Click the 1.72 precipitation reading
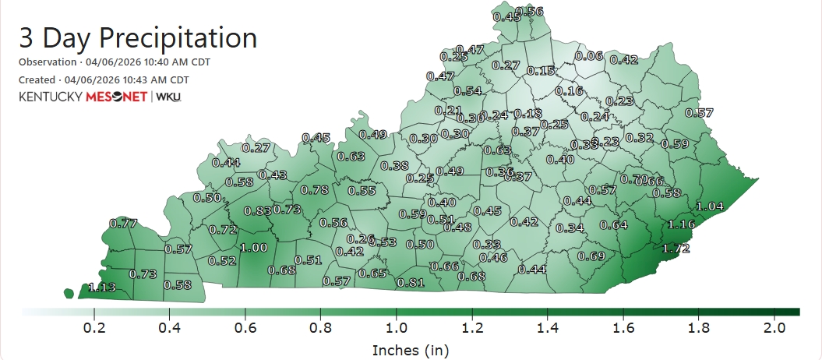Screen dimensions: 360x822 676,249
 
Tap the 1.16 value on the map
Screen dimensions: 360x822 681,224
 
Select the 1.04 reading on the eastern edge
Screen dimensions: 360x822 709,206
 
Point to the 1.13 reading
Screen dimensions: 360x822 101,287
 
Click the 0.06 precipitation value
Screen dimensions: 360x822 588,55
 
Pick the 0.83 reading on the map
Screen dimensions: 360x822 257,210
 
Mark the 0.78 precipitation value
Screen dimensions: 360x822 314,189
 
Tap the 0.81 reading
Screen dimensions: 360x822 410,282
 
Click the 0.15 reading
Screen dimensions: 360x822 541,70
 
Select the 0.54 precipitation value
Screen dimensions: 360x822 467,91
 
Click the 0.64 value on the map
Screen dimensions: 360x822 613,225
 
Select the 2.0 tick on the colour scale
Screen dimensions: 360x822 774,328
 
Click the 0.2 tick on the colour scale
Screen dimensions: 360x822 94,328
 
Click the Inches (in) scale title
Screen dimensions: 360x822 411,350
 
